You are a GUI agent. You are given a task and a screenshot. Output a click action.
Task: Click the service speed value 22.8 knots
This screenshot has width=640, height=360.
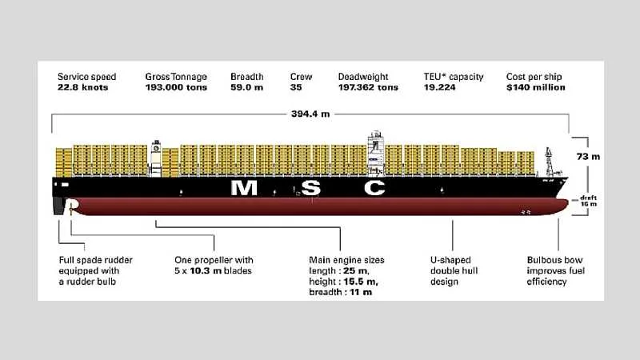pos(83,87)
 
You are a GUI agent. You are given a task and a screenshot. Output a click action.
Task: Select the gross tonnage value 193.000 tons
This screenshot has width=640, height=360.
pos(176,87)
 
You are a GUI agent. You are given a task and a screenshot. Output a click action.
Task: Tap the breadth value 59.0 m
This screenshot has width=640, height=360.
pos(247,87)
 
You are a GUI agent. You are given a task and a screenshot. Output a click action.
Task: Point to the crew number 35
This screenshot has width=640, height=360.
pos(296,87)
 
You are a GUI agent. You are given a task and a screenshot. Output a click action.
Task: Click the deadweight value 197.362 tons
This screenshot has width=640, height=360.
pos(368,87)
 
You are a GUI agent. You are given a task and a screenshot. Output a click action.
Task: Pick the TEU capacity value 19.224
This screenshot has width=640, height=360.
pos(439,87)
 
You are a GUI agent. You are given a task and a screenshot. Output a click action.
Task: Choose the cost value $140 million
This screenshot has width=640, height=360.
pos(536,87)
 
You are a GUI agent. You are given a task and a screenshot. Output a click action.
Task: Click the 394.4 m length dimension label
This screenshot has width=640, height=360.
pos(310,114)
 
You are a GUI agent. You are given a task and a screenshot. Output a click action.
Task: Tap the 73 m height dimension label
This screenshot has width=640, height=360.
pos(588,156)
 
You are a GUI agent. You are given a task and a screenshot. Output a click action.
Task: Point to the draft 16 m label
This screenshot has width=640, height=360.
pos(589,201)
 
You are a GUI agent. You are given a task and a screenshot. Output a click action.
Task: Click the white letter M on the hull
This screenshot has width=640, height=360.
pos(244,188)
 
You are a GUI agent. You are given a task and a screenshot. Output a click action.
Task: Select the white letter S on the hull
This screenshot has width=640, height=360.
pos(311,188)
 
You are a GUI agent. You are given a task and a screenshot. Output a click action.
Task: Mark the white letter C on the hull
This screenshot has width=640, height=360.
pos(374,188)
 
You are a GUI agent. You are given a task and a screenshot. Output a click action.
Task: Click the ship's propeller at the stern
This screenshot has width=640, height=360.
pos(71,207)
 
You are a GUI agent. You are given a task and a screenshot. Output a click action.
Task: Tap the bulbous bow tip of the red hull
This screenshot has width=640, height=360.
pos(566,204)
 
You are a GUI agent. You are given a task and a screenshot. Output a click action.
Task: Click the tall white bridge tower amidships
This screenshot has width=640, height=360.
pos(376,154)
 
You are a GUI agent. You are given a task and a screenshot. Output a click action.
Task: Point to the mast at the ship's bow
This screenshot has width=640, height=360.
pos(549,162)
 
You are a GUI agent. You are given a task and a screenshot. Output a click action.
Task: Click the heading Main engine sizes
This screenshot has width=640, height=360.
pos(346,260)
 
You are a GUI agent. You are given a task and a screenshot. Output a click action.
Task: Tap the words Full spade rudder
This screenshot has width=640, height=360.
pos(95,260)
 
